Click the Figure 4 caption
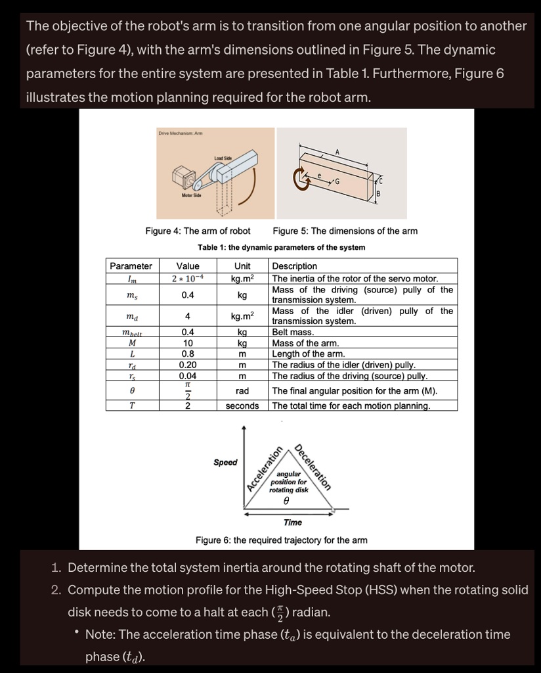[198, 231]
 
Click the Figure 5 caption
[345, 231]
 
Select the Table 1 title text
[281, 247]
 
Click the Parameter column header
[131, 266]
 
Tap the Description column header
[294, 266]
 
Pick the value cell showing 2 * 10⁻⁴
[188, 278]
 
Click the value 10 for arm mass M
[188, 343]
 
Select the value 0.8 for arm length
[188, 354]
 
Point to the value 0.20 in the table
[188, 364]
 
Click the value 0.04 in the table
[188, 376]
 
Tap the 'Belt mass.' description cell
[293, 333]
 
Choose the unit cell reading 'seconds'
[242, 406]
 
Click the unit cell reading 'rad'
[242, 390]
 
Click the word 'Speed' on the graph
[225, 463]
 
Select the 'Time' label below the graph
[293, 522]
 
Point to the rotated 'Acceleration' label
[264, 469]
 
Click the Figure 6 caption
[281, 540]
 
